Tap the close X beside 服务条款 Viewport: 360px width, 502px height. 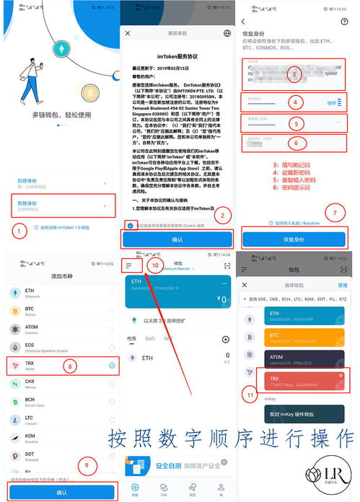pos(128,33)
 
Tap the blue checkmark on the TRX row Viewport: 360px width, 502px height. pos(112,366)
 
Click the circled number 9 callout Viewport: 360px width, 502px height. pos(87,464)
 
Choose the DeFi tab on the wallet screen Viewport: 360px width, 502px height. pos(151,338)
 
